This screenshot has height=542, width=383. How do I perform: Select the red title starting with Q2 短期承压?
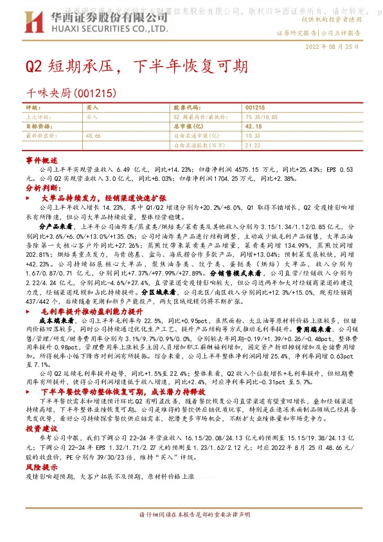[x=135, y=66]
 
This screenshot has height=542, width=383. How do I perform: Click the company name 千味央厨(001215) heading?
[x=70, y=93]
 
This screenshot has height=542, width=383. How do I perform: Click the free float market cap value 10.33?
[x=253, y=136]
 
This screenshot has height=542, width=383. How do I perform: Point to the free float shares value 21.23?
[x=253, y=145]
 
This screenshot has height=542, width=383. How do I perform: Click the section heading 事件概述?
[x=42, y=158]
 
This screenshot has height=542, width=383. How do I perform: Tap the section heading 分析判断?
[x=42, y=187]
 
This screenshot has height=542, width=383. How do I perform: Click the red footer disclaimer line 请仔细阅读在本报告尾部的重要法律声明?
[x=191, y=534]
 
